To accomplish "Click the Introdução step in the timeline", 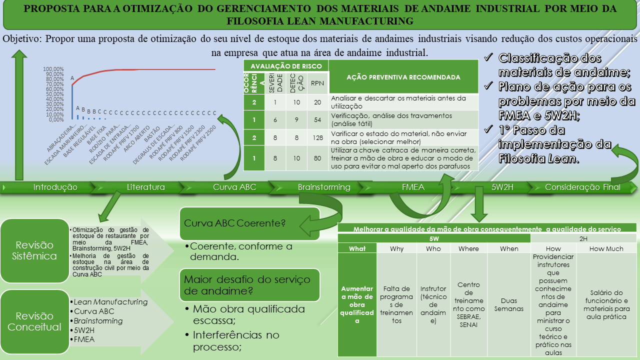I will click(55, 187).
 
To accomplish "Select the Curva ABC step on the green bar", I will click(234, 187).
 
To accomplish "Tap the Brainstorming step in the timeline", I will click(324, 187).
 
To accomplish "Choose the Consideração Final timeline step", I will click(582, 187).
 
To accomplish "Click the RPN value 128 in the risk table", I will click(317, 137).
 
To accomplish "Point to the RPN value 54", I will click(317, 119).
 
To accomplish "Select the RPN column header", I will click(317, 83).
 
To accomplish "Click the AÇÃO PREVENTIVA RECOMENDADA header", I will click(403, 77).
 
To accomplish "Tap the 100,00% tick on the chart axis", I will click(53, 69).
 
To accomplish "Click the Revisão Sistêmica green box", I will click(35, 250).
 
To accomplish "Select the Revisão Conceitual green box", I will click(35, 321).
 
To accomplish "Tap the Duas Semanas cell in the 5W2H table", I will click(509, 305).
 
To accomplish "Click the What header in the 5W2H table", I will click(357, 248).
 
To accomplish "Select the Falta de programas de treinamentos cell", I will click(396, 304).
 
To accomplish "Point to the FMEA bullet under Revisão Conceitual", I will click(84, 339).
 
